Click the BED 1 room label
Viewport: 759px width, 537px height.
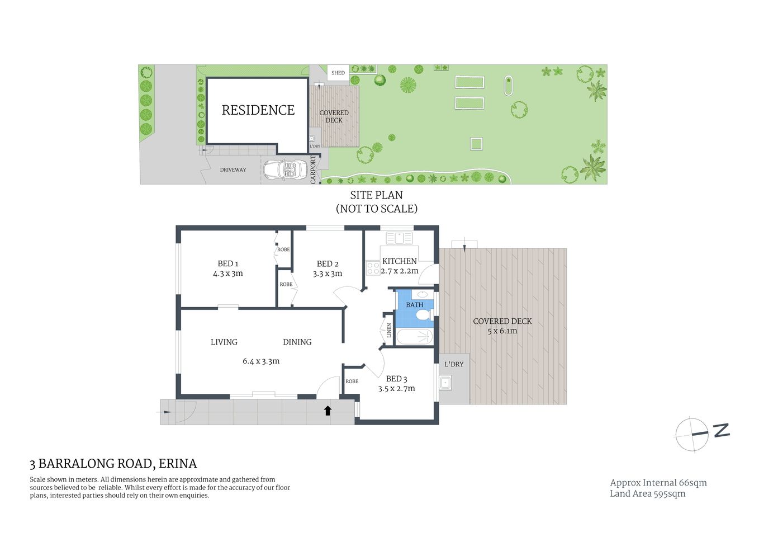pos(228,263)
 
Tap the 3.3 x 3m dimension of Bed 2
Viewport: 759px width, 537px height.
pos(328,274)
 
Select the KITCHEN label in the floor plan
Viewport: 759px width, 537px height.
pos(399,261)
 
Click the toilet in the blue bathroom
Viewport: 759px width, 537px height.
pos(424,316)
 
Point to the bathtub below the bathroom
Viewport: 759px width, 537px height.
pos(414,337)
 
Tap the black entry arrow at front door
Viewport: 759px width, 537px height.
pos(328,411)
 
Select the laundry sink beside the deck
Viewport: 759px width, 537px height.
pos(445,383)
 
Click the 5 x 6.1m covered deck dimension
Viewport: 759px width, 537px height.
pos(502,331)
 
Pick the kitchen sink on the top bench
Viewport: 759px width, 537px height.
pos(399,238)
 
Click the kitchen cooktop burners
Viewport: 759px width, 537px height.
pos(372,268)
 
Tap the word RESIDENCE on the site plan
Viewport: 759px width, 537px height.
pos(258,110)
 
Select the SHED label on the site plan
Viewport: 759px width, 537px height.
pos(338,73)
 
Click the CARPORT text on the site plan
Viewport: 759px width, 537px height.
pos(313,169)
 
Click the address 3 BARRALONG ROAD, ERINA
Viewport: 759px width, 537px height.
pos(113,464)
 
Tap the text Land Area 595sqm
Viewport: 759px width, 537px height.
pos(647,493)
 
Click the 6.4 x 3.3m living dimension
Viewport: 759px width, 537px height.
pos(261,361)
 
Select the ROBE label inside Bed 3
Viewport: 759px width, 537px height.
pos(352,381)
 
